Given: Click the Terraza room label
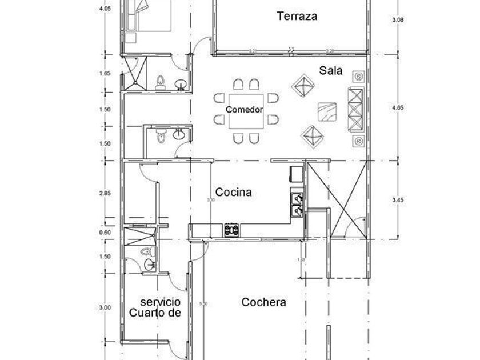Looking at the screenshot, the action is pyautogui.click(x=297, y=16).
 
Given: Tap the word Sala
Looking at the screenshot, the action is pyautogui.click(x=331, y=71).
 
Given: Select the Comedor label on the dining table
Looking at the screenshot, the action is pyautogui.click(x=244, y=110).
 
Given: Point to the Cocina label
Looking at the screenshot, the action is pyautogui.click(x=233, y=193).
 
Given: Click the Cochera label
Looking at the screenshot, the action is pyautogui.click(x=263, y=302).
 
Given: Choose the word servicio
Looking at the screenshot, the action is pyautogui.click(x=161, y=301).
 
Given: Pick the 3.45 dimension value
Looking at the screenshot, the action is pyautogui.click(x=398, y=199).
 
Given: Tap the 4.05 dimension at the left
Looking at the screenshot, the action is pyautogui.click(x=105, y=9).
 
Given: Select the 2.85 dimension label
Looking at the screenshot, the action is pyautogui.click(x=105, y=194).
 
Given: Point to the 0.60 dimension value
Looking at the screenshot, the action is pyautogui.click(x=105, y=232).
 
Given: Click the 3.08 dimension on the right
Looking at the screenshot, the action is pyautogui.click(x=398, y=19).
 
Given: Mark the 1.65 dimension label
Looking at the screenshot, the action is pyautogui.click(x=105, y=73).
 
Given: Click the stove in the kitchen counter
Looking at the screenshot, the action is pyautogui.click(x=231, y=230).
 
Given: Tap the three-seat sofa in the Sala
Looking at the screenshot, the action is pyautogui.click(x=355, y=110).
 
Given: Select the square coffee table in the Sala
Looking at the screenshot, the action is pyautogui.click(x=327, y=111).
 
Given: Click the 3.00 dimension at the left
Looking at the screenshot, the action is pyautogui.click(x=105, y=308).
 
